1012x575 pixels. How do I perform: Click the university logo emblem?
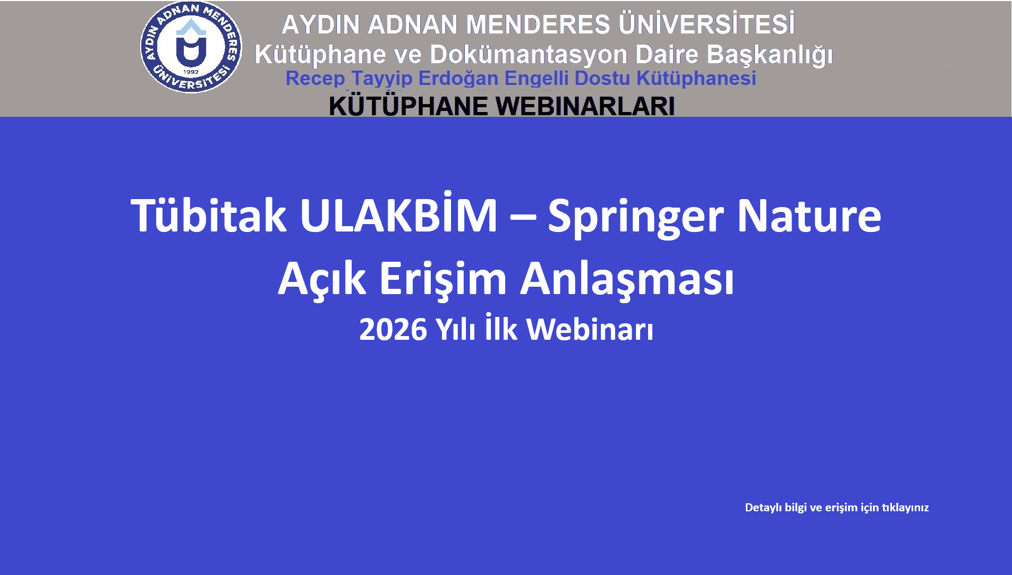point(191,47)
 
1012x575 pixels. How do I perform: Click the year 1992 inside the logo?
point(191,72)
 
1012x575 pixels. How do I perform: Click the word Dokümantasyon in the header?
point(529,54)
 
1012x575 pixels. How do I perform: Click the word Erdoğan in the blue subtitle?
point(458,79)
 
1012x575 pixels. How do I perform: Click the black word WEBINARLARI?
point(585,106)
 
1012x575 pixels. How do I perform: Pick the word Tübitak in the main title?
point(209,215)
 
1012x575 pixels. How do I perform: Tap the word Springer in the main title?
point(635,218)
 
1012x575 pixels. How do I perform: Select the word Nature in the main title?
point(809,215)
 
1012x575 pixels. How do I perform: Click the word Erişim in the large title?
point(443,279)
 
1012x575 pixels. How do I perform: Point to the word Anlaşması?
point(627,279)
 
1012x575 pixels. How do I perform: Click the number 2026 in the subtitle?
point(393,330)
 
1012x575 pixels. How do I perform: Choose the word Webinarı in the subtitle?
point(590,329)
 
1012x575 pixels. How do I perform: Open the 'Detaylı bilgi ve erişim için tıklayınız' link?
point(837,508)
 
